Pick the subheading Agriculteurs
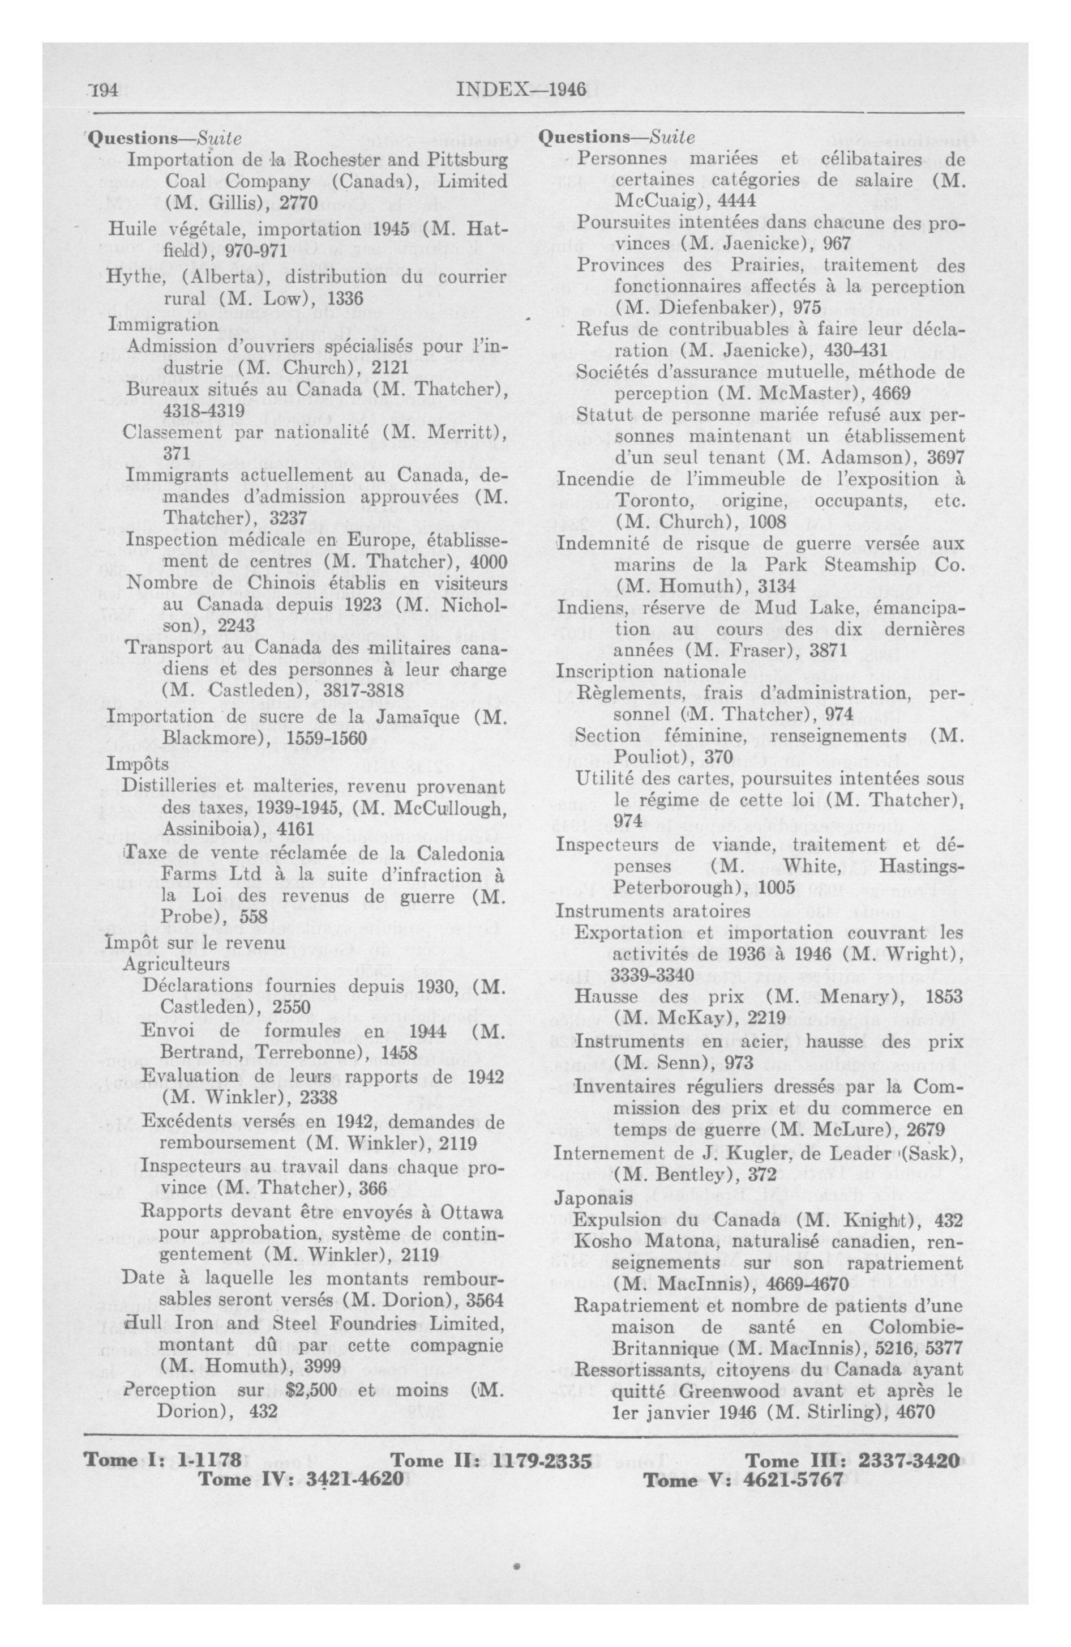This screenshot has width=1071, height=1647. pyautogui.click(x=175, y=964)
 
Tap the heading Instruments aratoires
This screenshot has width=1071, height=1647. pyautogui.click(x=653, y=910)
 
